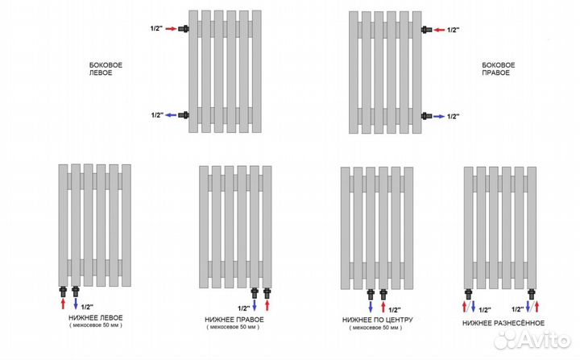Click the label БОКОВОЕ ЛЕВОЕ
106,68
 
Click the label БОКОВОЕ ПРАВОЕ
499,68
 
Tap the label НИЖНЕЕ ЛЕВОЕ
95,318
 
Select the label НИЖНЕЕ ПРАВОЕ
234,319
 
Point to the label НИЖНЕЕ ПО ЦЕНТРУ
377,320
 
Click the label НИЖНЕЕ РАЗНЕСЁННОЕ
503,323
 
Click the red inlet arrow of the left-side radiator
172,28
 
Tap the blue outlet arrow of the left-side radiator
171,115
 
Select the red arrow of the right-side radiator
439,30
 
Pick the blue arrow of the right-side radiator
439,116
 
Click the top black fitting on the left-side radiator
184,28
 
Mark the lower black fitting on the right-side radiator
426,116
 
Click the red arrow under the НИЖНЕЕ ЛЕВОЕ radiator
63,304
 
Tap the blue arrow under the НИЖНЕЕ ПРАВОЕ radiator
255,305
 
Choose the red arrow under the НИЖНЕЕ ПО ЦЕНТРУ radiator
383,307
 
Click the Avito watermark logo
532,339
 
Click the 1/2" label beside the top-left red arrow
156,28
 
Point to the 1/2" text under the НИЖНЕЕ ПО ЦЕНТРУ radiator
395,310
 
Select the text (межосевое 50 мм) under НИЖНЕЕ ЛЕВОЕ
95,325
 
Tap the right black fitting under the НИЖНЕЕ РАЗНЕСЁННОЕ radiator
532,294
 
